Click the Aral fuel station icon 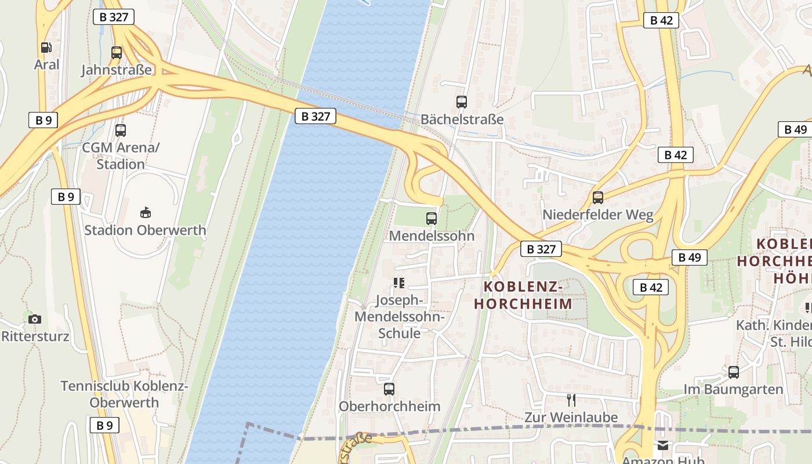(46, 48)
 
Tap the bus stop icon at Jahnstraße (117, 53)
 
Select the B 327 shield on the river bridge (316, 116)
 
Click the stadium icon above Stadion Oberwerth (146, 213)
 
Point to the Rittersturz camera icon (35, 319)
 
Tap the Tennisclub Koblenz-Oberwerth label (124, 394)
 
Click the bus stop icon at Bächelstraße (462, 102)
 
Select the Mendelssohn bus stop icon (432, 219)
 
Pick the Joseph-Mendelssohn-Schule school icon (398, 283)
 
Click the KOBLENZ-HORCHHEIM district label (523, 295)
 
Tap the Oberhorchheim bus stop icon (389, 389)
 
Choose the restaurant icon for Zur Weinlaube (571, 400)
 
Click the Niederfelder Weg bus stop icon (598, 198)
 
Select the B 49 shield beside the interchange (689, 257)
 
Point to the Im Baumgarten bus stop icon (734, 372)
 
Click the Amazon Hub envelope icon (662, 445)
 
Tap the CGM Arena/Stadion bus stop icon (121, 130)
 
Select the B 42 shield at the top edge (661, 20)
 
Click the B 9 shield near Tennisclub (104, 425)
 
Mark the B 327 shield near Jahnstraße (114, 17)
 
